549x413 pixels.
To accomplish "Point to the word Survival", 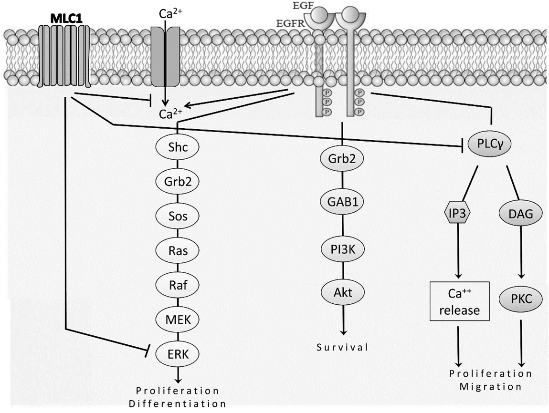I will tap(343, 347).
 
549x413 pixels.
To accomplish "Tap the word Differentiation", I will tap(178, 403).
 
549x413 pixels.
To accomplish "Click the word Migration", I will tap(491, 386).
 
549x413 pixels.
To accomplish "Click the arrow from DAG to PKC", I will tap(521, 253).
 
